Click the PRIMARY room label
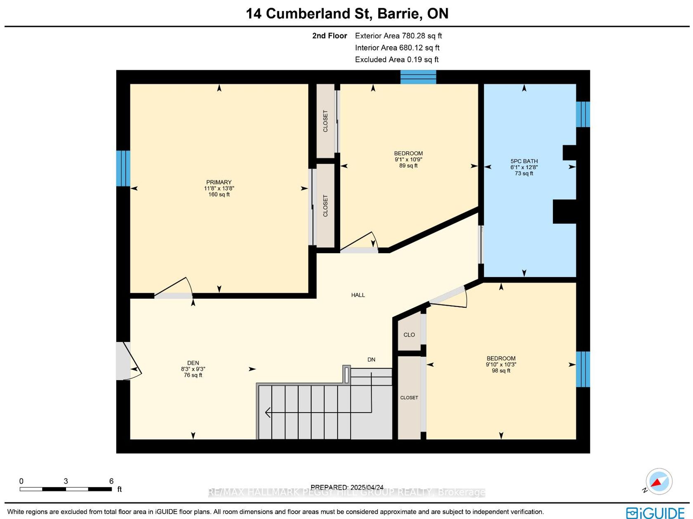pos(219,182)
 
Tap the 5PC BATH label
pos(524,161)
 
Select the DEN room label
pos(193,363)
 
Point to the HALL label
pos(358,295)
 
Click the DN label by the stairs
pos(371,359)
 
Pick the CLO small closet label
pos(409,335)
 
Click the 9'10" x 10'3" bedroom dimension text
pos(501,364)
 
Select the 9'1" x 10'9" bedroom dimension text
pos(408,159)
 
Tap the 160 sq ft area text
pos(219,194)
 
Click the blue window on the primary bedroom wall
pos(123,168)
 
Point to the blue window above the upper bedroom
pos(418,77)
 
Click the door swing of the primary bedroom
pos(173,288)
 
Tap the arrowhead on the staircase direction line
pos(268,412)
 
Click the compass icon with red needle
pos(659,481)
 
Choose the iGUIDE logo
pos(655,512)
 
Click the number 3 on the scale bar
pos(66,481)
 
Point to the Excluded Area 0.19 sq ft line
pos(397,59)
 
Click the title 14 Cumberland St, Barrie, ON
pos(347,14)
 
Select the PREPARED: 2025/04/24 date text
pos(347,487)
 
